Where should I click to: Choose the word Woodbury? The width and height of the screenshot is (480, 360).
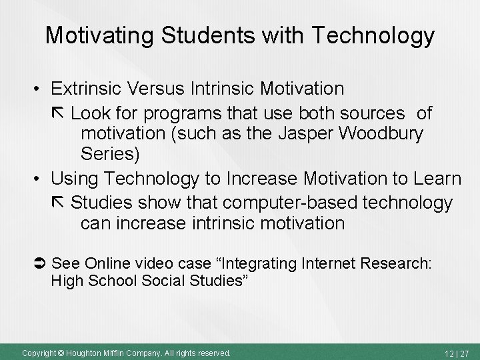(383, 133)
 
